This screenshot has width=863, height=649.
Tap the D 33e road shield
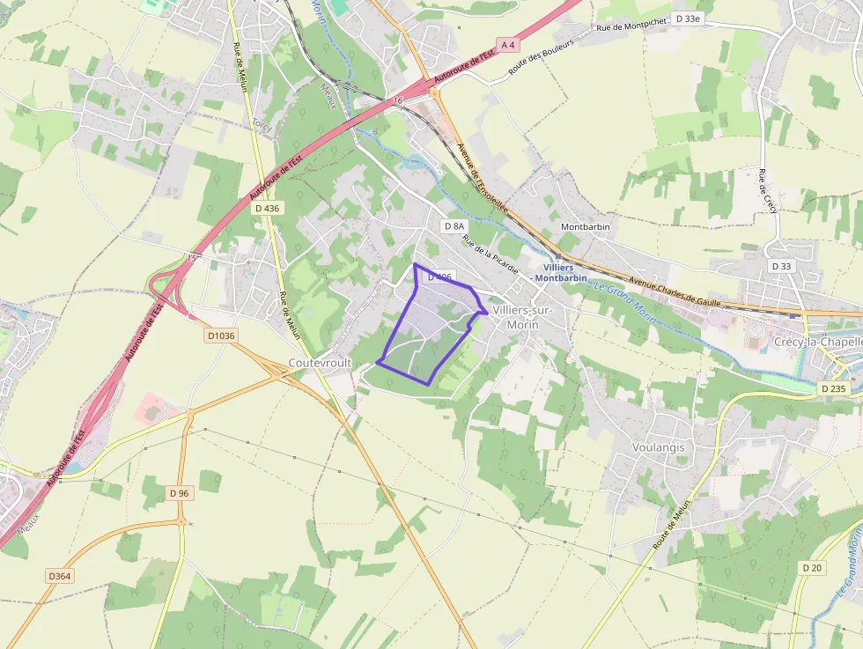click(688, 18)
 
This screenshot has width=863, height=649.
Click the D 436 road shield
click(267, 209)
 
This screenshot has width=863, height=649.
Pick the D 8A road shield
click(454, 226)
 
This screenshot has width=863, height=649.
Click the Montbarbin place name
click(586, 227)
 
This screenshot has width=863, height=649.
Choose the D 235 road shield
click(832, 388)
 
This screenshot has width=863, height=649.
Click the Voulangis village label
click(658, 447)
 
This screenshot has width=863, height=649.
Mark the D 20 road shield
click(812, 568)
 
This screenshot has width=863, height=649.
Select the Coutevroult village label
click(321, 363)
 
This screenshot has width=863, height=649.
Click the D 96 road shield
click(180, 493)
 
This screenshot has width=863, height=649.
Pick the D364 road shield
click(59, 576)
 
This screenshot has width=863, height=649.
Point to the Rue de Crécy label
click(764, 202)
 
